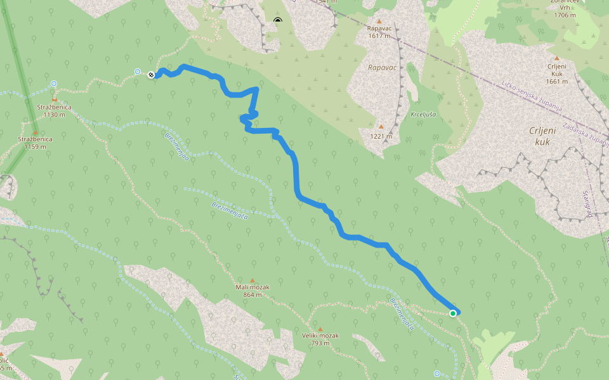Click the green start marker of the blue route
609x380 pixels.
[453, 313]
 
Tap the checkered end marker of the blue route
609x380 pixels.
[151, 75]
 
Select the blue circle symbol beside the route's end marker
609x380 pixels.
[138, 72]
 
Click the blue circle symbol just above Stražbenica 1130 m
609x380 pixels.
[54, 84]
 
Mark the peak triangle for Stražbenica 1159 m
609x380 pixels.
[35, 132]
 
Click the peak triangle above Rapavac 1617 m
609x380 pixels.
[379, 21]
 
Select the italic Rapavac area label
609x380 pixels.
[382, 67]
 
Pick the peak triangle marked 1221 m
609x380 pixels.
[380, 127]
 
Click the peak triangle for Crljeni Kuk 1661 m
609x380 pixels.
[557, 58]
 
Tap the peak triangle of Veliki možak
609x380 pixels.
[320, 329]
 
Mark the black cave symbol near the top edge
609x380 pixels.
[277, 21]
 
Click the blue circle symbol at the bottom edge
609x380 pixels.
[437, 374]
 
